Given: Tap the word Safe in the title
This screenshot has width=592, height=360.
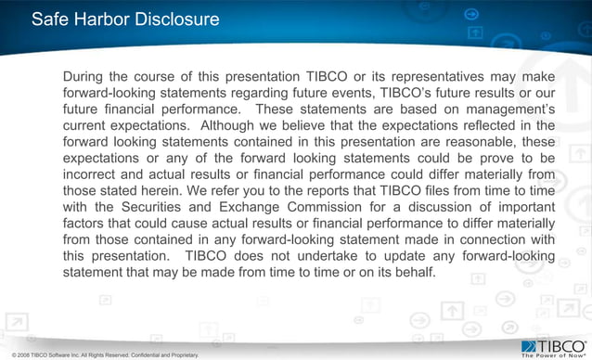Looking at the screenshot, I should coord(51,19).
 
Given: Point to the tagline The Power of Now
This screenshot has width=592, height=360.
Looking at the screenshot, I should coord(554,353).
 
